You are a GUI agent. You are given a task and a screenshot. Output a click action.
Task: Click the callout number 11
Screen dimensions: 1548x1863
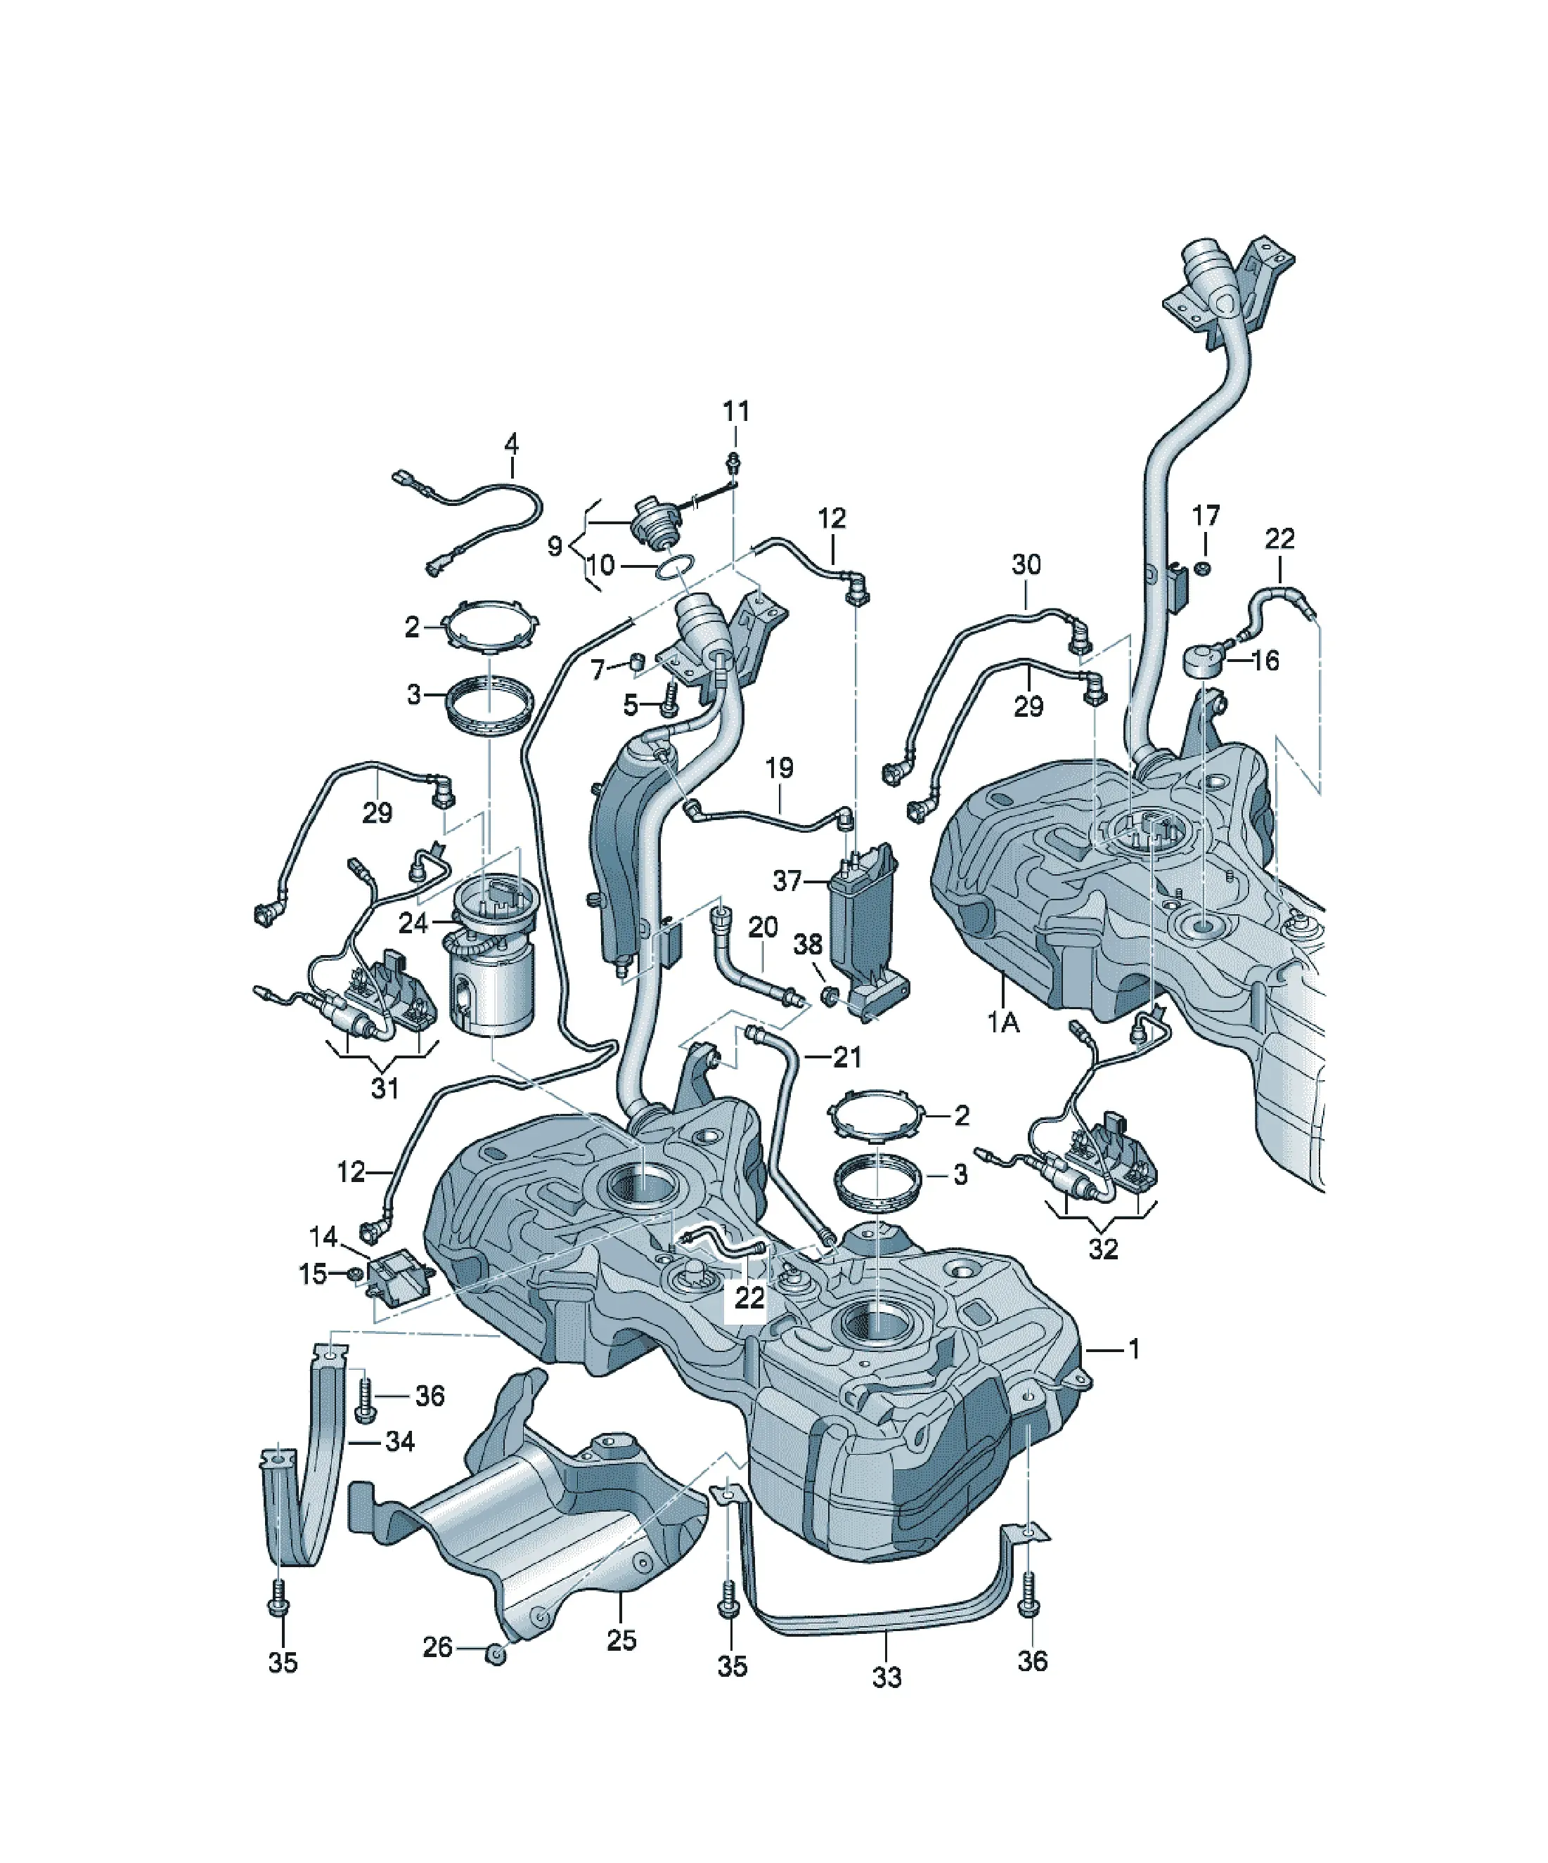pos(736,412)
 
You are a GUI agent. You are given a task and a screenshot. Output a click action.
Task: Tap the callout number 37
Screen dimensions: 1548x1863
pos(787,881)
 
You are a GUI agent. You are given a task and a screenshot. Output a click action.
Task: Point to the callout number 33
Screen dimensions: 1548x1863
pos(886,1677)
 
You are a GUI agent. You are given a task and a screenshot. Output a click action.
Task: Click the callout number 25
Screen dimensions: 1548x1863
pos(621,1640)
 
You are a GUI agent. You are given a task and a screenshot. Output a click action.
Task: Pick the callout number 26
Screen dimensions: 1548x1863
pos(437,1647)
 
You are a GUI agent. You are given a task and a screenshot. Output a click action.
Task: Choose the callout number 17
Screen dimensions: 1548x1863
pos(1206,515)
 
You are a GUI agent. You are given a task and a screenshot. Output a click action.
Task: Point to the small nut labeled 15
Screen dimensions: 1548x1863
pos(354,1275)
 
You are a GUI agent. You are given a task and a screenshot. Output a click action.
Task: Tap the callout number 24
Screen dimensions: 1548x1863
pos(413,923)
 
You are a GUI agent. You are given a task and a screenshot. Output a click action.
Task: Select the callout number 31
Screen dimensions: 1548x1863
pos(385,1088)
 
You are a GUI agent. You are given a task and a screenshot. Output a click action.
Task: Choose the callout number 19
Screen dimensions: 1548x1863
pos(780,767)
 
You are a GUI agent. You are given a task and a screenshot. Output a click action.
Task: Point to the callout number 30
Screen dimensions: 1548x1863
pos(1026,564)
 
